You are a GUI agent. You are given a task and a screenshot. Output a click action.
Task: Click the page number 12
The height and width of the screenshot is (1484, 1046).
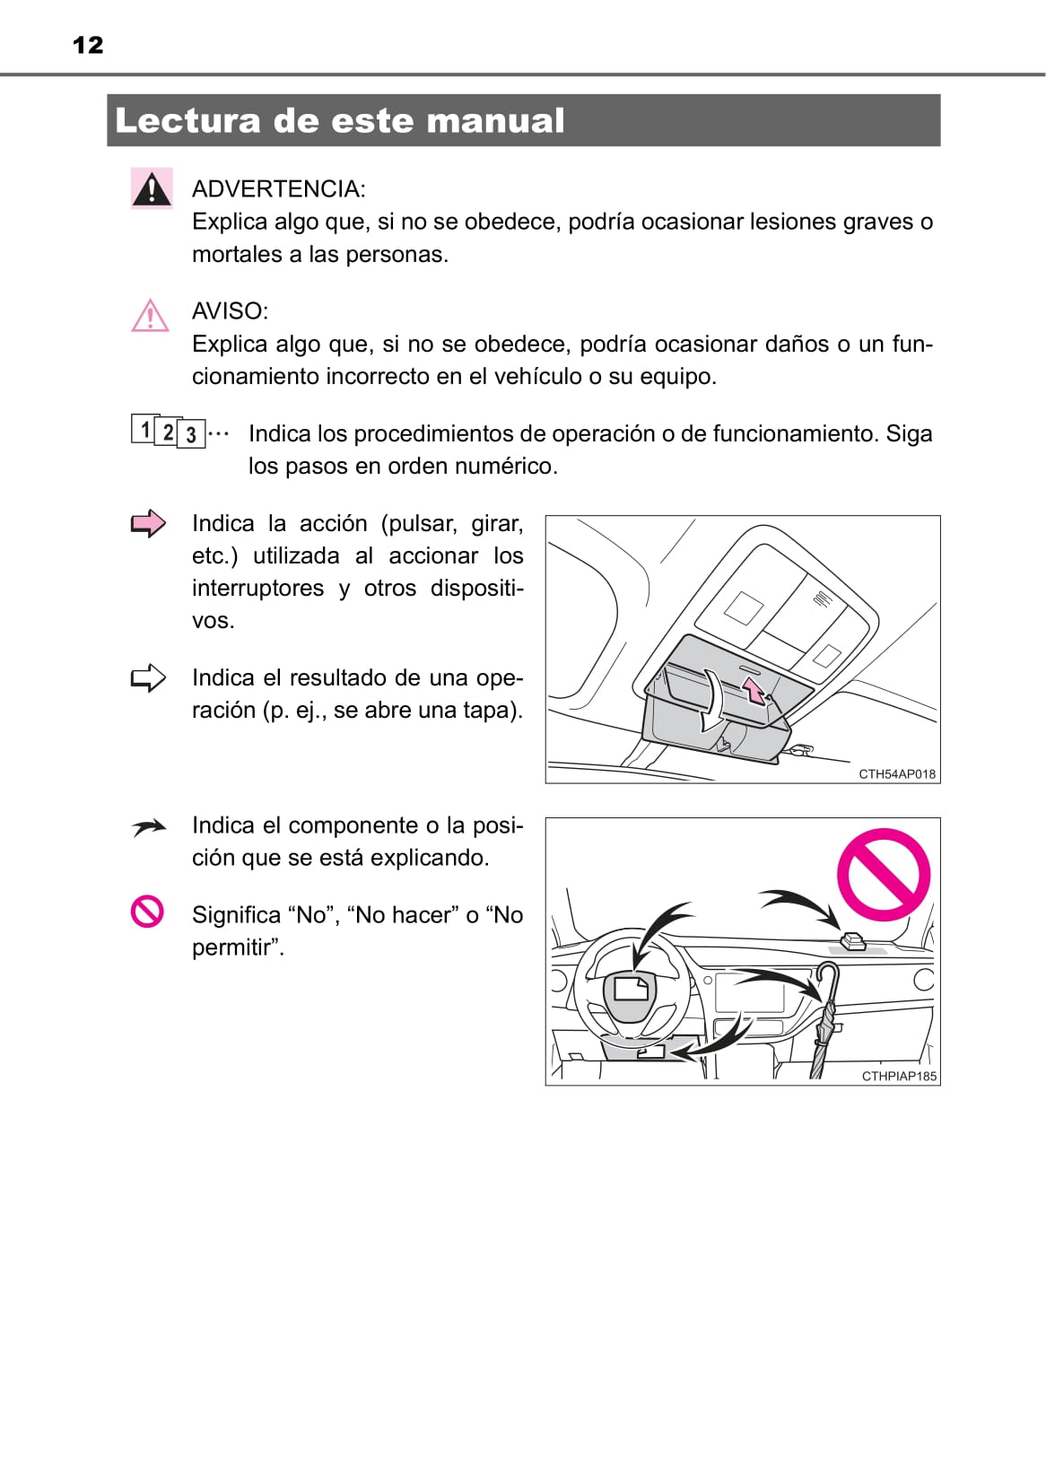pyautogui.click(x=88, y=46)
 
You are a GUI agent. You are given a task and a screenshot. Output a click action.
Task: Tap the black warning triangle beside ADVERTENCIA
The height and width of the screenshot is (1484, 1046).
pyautogui.click(x=152, y=189)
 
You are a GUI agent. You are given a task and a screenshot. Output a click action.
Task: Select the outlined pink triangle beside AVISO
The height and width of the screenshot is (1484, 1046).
pyautogui.click(x=150, y=316)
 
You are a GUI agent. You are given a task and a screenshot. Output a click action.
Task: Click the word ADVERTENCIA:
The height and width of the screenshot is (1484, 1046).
pyautogui.click(x=278, y=189)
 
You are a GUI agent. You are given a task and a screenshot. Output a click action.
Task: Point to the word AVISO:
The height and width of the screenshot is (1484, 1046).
pyautogui.click(x=230, y=311)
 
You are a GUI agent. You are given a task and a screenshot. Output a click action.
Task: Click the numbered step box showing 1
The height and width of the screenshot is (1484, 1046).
pyautogui.click(x=144, y=429)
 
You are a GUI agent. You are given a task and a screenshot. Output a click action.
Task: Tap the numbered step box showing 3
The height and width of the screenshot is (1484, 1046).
pyautogui.click(x=191, y=435)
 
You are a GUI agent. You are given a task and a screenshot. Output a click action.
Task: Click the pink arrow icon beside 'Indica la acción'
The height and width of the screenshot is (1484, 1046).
pyautogui.click(x=148, y=523)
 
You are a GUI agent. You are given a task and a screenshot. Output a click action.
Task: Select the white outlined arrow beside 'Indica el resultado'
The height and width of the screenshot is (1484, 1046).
pyautogui.click(x=148, y=677)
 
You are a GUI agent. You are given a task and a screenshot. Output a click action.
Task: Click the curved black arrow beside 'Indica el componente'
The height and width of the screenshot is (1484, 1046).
pyautogui.click(x=148, y=827)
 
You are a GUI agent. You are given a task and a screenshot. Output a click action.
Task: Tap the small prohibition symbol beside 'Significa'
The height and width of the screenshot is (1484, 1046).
pyautogui.click(x=147, y=912)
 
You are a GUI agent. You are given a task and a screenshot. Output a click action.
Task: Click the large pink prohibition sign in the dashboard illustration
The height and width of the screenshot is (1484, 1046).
pyautogui.click(x=884, y=875)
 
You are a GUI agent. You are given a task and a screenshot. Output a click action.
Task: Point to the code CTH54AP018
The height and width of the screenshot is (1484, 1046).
pyautogui.click(x=896, y=774)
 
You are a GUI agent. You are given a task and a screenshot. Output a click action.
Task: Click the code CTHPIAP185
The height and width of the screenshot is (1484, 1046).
pyautogui.click(x=898, y=1076)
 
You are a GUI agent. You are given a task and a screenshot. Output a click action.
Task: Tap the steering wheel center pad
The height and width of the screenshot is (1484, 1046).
pyautogui.click(x=632, y=993)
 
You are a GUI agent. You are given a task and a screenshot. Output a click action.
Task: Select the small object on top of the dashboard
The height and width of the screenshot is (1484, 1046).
pyautogui.click(x=852, y=940)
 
